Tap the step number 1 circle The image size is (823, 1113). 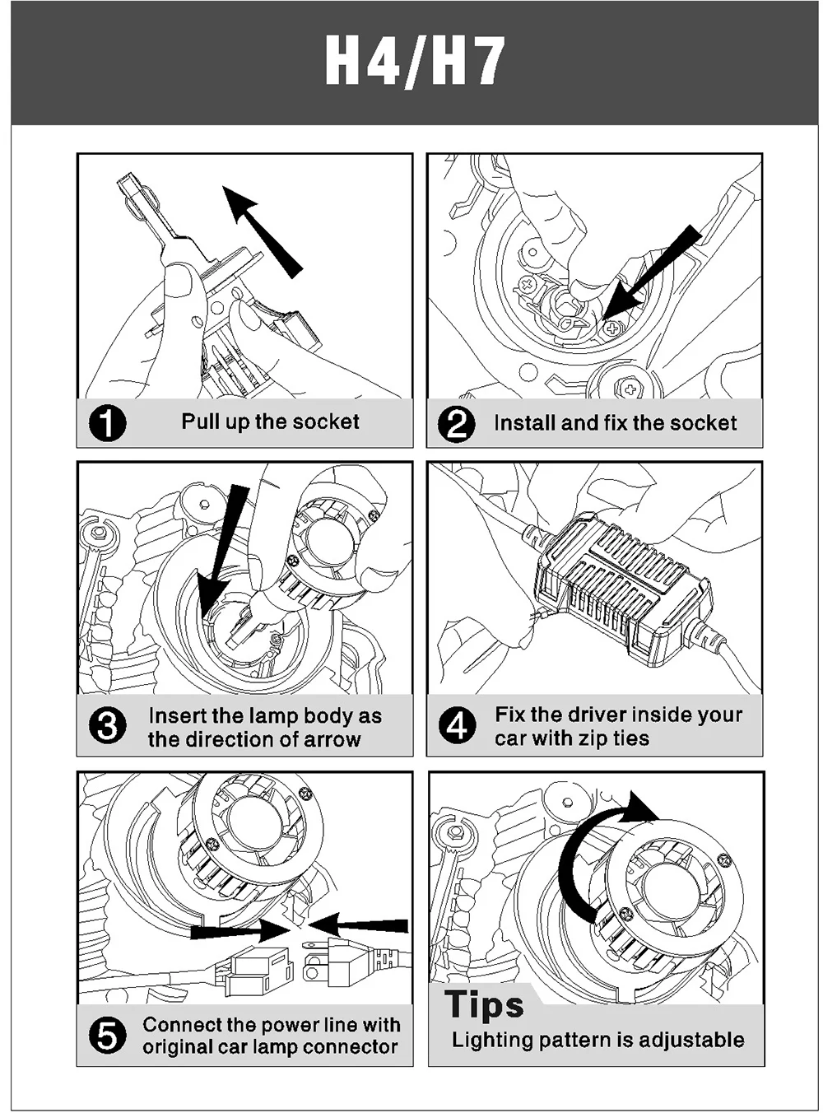[x=107, y=423]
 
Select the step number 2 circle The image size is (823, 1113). [x=456, y=424]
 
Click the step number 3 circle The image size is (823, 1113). [x=107, y=725]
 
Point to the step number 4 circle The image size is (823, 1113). [x=457, y=725]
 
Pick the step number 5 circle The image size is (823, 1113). [x=107, y=1036]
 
